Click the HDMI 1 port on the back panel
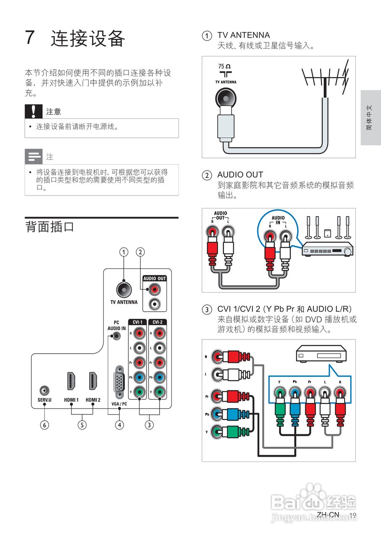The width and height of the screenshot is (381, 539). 71,381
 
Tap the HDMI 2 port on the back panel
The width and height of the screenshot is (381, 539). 93,381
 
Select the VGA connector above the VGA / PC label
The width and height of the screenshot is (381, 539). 119,382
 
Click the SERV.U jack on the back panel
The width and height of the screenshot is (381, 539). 45,390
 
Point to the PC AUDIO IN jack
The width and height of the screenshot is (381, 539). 117,336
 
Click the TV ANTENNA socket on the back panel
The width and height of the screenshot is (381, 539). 124,290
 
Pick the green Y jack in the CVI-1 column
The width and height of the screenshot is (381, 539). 139,392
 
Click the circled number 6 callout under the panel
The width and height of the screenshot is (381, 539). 45,425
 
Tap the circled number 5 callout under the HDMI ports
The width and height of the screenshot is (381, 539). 82,425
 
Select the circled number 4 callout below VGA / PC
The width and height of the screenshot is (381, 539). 120,425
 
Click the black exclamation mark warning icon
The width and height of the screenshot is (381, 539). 34,112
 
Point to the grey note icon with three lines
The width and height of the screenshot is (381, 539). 34,157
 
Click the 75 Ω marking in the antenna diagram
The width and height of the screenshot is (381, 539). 224,66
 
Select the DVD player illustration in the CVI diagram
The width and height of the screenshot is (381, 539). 321,353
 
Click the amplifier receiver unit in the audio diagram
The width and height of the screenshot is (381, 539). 328,249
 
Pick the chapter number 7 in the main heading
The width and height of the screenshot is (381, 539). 30,37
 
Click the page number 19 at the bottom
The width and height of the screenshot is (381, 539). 353,515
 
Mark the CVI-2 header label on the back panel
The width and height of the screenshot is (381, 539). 157,322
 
